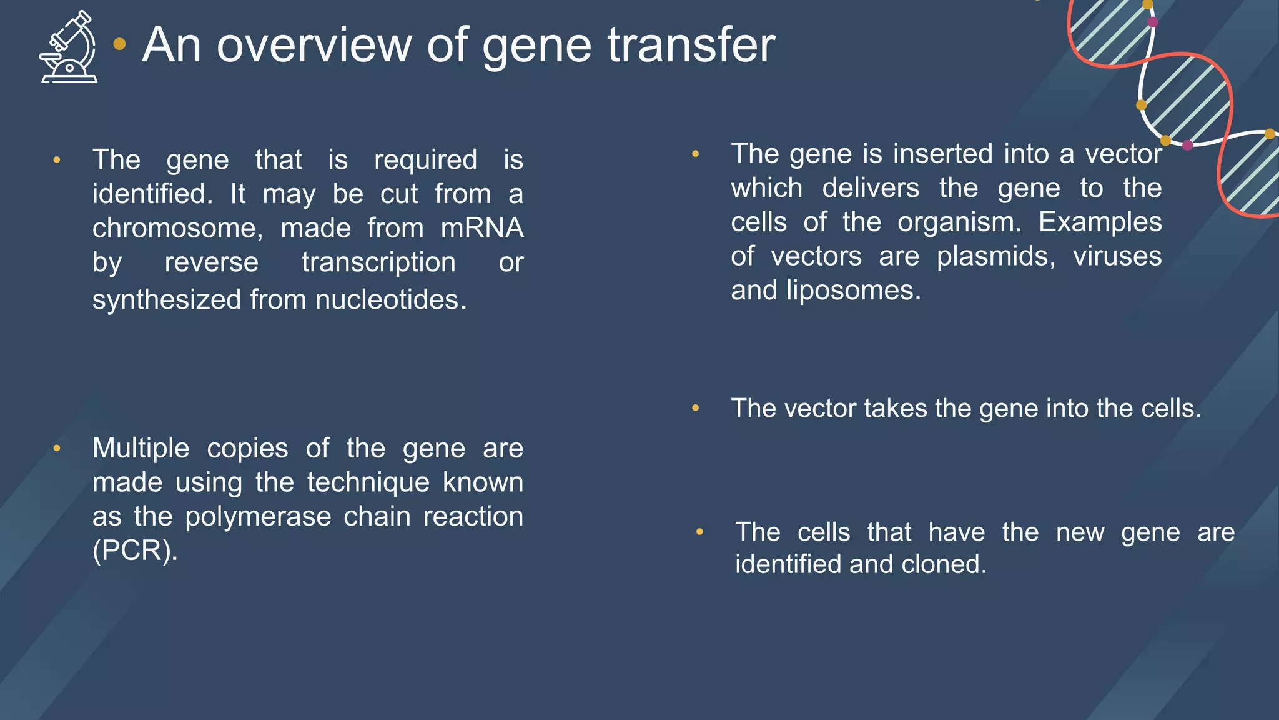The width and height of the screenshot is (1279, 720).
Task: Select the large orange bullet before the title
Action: pos(119,44)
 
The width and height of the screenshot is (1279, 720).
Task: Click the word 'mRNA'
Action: pos(482,228)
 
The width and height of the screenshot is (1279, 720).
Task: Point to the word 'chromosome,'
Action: pos(177,228)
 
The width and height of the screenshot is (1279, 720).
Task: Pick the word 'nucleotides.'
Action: pos(391,300)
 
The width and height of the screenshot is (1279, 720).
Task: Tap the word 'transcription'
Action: pos(378,262)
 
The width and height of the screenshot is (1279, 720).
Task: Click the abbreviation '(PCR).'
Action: pos(135,551)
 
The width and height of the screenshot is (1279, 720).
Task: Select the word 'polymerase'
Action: pos(258,517)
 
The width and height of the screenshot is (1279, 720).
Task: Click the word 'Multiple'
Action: pos(141,448)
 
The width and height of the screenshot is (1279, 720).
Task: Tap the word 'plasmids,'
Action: pos(996,256)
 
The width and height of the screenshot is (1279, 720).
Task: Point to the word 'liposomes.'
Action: pos(853,291)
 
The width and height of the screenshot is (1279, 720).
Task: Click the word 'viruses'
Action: pos(1117,256)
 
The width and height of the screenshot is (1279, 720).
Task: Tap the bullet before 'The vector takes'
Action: pos(695,409)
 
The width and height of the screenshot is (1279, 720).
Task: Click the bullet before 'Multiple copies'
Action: pos(57,448)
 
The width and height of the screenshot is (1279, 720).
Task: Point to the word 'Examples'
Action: pos(1100,222)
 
